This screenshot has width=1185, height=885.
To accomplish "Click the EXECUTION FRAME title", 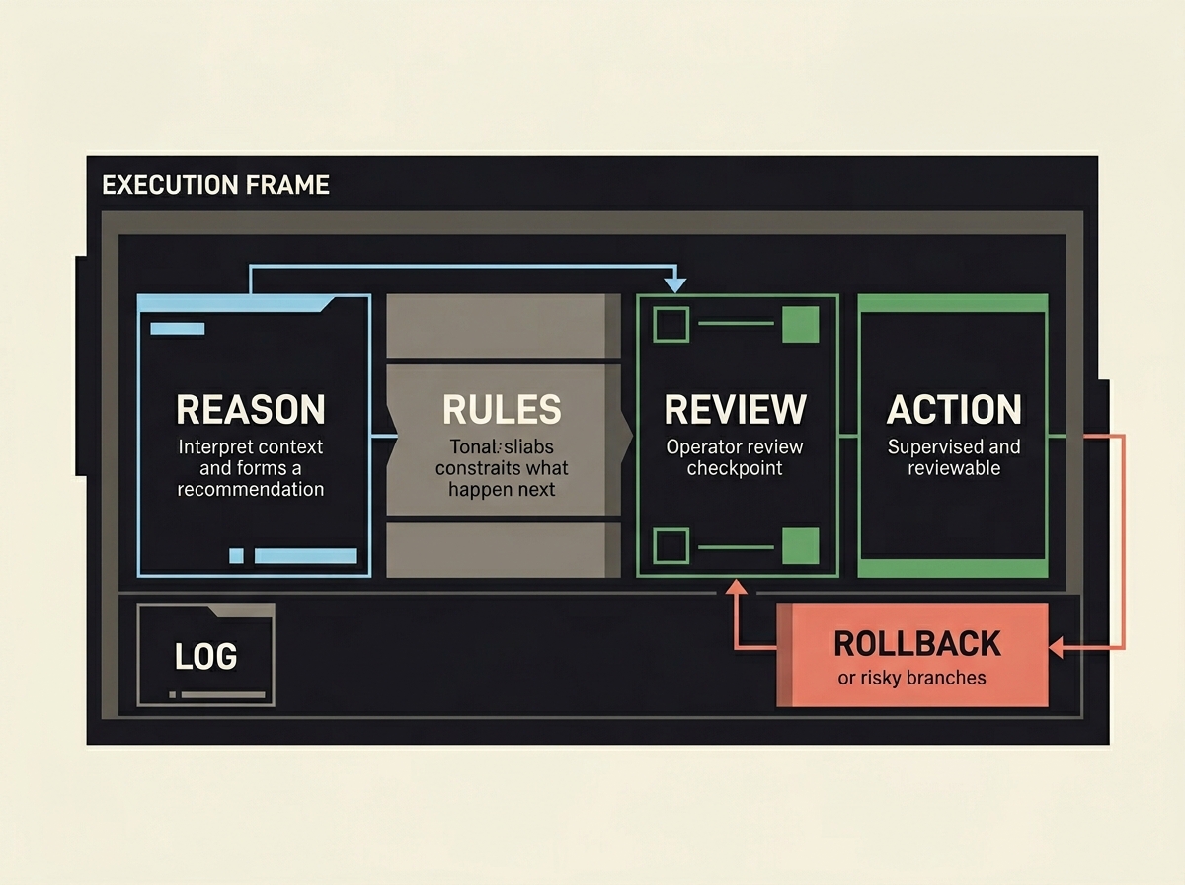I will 215,185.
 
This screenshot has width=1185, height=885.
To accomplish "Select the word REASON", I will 250,409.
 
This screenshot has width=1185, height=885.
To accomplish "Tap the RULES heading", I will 502,409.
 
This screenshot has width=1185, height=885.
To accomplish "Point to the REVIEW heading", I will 735,409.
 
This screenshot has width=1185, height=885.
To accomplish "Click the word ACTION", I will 954,409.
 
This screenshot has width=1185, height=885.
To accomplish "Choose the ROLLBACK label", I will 917,643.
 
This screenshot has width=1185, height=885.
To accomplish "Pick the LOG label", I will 205,656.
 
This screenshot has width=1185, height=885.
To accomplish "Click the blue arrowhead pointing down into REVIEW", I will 675,284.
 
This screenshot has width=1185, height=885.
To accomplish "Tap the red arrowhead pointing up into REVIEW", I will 734,587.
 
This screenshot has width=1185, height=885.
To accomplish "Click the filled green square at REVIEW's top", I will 800,325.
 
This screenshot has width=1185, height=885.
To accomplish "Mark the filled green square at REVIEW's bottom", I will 800,546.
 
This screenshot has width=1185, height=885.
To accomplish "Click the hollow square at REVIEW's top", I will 671,325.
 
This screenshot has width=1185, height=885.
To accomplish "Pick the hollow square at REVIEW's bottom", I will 671,546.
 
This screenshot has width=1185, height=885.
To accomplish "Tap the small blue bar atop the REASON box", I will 177,329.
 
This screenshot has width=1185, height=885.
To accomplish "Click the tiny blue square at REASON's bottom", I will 236,556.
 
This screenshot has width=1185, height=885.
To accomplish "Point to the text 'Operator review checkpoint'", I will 735,457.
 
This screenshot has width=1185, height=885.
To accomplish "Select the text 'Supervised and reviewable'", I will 954,457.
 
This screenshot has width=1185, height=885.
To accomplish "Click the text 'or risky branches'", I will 911,678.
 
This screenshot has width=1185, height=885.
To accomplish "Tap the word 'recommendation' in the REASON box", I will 250,489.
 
